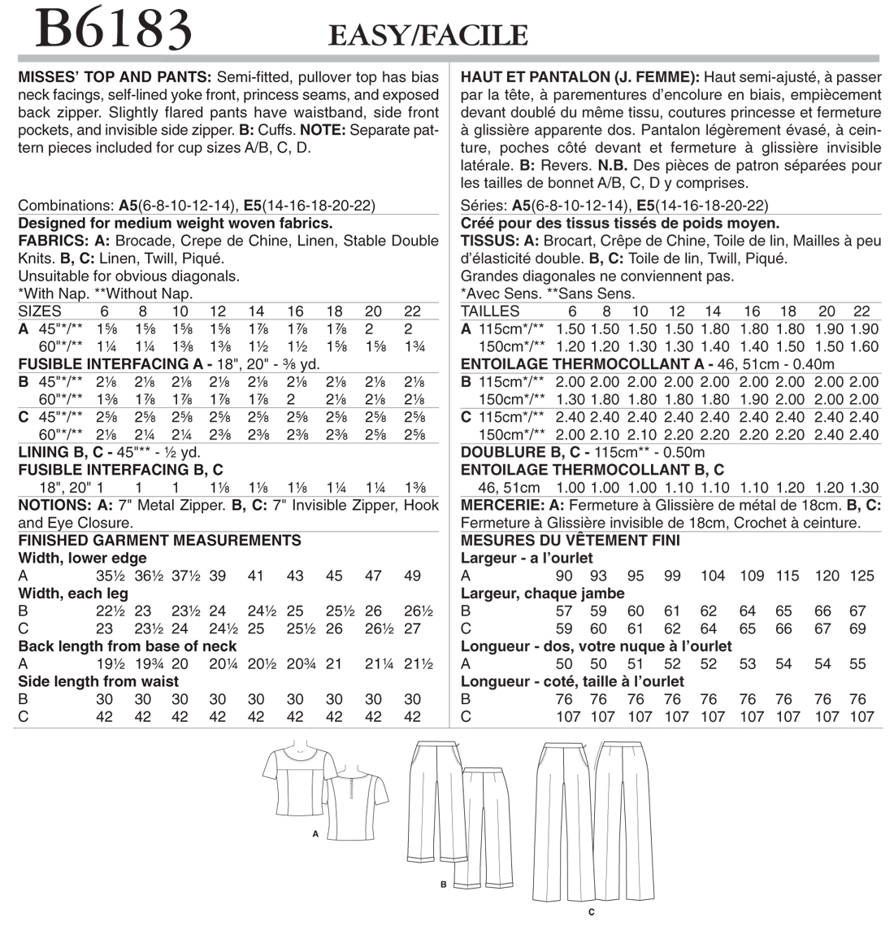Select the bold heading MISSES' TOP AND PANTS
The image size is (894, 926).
point(114,77)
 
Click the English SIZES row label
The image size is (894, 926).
point(40,311)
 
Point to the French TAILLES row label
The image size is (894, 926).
point(490,311)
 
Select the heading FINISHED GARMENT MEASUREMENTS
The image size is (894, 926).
point(159,541)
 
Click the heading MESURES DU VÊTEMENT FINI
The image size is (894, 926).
point(571,541)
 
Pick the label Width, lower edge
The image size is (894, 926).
point(82,559)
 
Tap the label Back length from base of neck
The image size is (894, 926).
point(128,646)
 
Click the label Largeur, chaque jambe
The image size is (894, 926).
point(543,593)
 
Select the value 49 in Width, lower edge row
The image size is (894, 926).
point(412,576)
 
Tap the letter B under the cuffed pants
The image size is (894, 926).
point(443,884)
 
